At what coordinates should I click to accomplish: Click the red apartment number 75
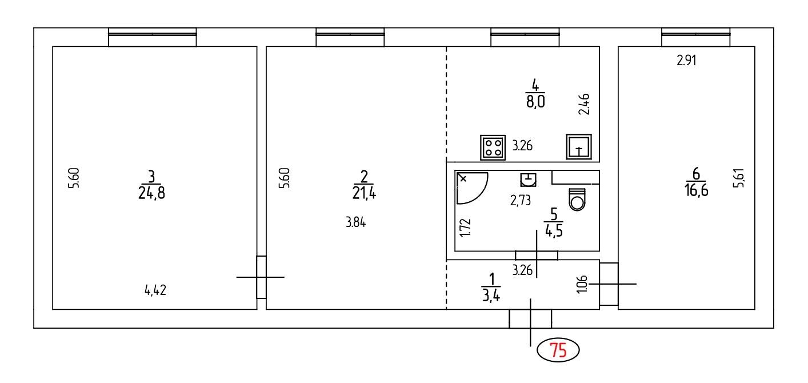pos(558,350)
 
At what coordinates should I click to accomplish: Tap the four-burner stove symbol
pos(493,147)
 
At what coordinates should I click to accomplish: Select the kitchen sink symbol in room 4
pos(579,146)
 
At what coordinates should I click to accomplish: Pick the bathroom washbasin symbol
pos(528,179)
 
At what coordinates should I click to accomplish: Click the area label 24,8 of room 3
pos(151,193)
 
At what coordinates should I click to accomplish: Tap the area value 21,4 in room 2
pos(364,194)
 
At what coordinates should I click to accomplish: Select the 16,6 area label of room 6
pos(696,190)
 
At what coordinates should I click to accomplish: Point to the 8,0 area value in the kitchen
pos(535,102)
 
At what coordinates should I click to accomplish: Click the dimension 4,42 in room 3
pos(155,290)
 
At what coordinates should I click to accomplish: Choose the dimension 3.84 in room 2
pos(355,222)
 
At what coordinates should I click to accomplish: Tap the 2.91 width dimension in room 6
pos(686,60)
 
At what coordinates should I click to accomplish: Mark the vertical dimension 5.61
pos(738,178)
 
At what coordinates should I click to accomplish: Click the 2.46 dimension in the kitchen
pos(584,104)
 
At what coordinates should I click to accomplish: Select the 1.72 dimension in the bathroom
pos(465,227)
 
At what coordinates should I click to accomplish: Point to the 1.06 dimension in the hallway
pos(582,285)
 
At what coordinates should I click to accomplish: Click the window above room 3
pos(152,37)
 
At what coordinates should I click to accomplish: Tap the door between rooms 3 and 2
pos(261,277)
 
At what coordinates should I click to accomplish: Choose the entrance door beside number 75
pos(530,319)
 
